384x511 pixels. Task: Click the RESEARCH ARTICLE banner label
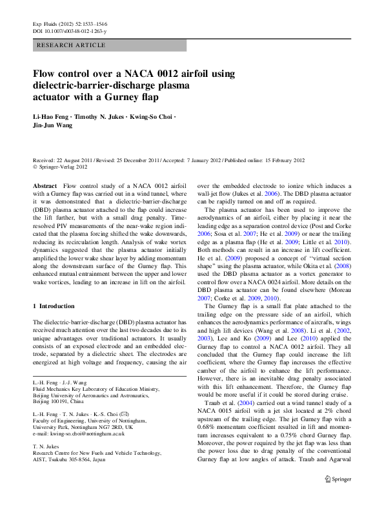tap(71, 45)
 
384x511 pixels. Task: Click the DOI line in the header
tap(70, 30)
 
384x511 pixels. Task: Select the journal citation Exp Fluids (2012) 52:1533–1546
tap(70, 23)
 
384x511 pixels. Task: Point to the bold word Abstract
tap(45, 185)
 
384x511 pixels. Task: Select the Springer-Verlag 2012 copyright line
tap(63, 166)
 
